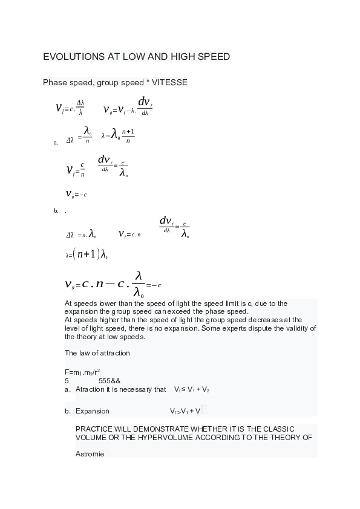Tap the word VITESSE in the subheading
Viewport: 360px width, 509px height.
[x=169, y=82]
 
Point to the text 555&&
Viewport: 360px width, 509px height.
[x=110, y=381]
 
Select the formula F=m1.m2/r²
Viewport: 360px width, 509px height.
[x=82, y=372]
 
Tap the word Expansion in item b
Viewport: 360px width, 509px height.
[x=93, y=411]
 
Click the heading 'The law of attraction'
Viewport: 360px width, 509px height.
[x=97, y=353]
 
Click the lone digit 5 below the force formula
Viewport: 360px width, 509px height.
[x=67, y=381]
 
